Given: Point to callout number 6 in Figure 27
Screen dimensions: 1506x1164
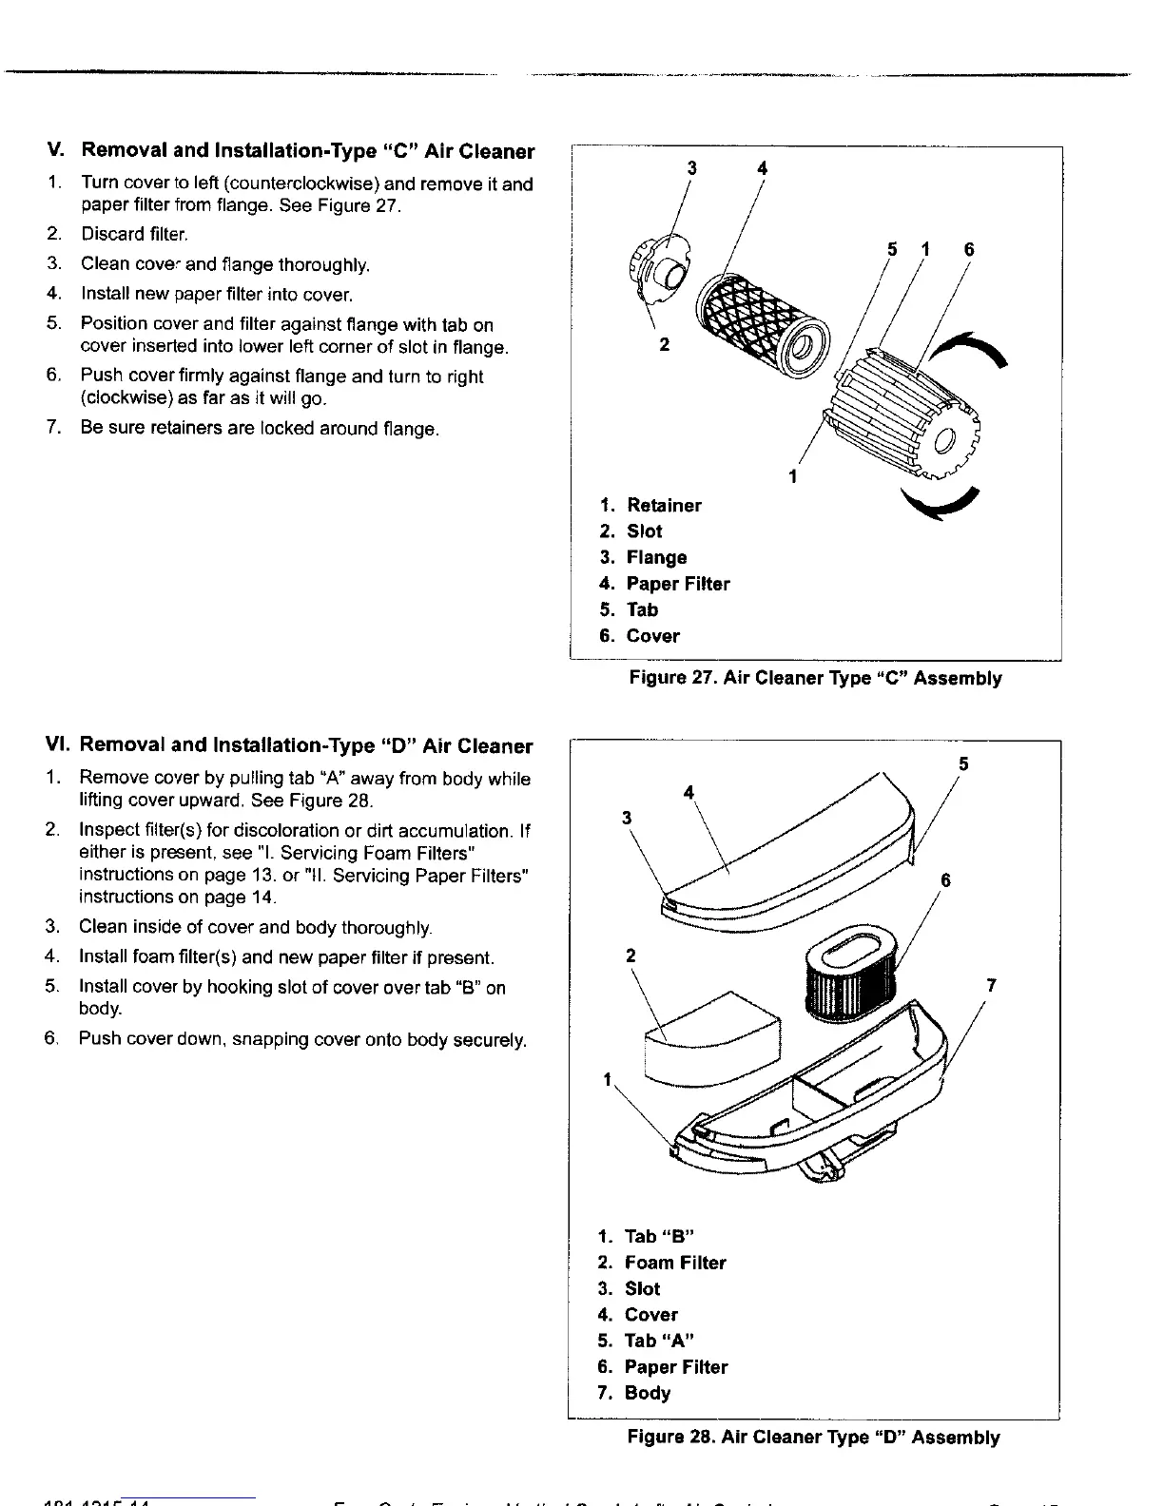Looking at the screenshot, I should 969,250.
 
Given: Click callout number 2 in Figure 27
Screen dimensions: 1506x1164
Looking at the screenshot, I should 664,344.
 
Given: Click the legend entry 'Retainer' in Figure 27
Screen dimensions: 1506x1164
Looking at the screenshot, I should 664,505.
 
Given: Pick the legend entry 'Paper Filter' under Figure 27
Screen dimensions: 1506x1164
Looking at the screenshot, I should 677,584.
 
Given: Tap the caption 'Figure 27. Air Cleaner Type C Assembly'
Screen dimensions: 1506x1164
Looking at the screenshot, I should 815,678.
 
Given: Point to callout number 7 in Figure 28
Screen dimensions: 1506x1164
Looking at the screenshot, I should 991,986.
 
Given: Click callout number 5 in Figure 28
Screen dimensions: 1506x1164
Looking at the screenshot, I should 963,764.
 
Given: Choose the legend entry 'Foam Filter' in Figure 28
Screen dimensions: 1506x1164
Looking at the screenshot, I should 674,1263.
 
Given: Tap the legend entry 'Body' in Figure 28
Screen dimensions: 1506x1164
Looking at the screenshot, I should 647,1393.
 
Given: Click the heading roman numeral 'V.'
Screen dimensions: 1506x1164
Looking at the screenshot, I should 56,150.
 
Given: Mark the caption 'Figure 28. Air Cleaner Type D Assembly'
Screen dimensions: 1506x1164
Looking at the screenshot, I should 813,1437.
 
